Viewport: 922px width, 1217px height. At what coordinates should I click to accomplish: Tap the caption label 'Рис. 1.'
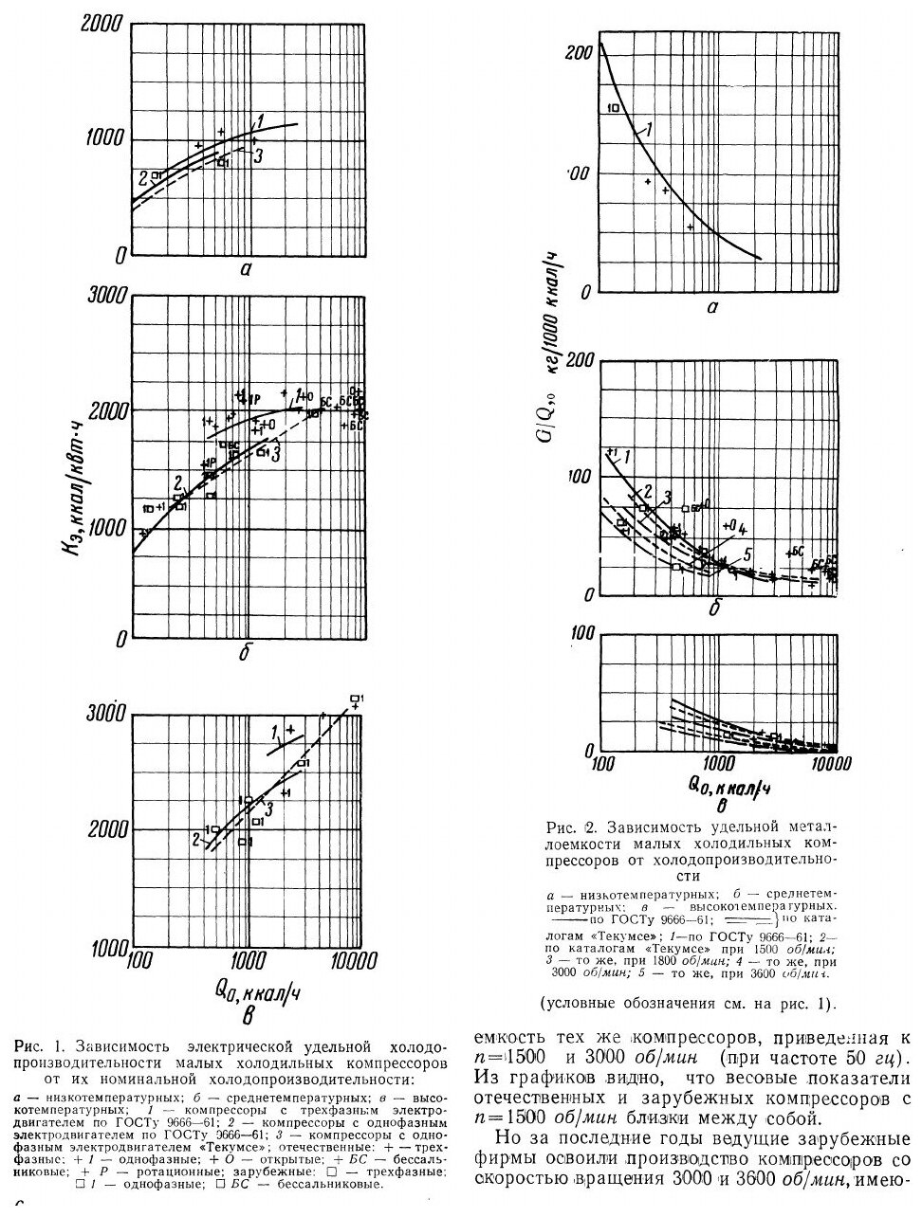coord(39,1047)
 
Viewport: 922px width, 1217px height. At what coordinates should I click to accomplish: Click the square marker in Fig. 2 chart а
coord(615,108)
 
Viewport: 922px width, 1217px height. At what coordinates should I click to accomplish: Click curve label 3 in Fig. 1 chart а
coord(256,155)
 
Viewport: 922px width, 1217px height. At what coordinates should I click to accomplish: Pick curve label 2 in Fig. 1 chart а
coord(143,176)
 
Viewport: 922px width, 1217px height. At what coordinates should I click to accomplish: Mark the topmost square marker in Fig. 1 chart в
coord(356,699)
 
